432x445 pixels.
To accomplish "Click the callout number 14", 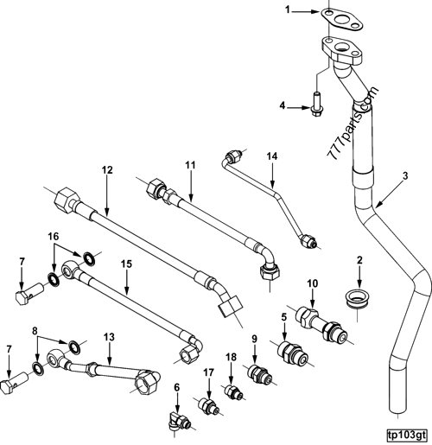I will (x=271, y=156).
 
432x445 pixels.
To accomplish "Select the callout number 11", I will (x=191, y=163).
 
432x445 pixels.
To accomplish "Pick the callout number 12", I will (x=106, y=170).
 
